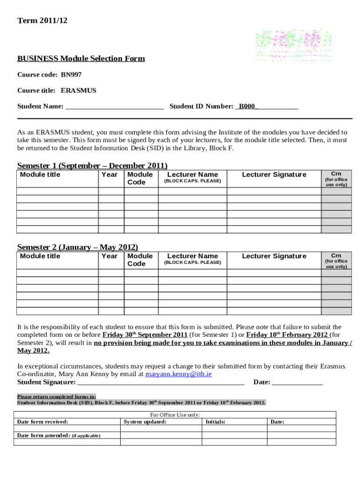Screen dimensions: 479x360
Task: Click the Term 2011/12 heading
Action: click(x=39, y=21)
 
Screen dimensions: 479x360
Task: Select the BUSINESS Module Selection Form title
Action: click(x=81, y=58)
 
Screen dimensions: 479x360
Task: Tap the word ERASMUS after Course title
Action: click(x=79, y=90)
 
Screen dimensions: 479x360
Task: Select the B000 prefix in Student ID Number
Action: click(x=247, y=106)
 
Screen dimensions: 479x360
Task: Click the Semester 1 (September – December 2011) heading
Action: click(x=92, y=166)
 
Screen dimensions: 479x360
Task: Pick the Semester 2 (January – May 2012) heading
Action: click(x=78, y=247)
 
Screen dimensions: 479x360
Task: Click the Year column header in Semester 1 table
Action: click(x=109, y=174)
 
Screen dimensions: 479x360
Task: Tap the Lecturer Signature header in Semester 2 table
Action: click(x=274, y=256)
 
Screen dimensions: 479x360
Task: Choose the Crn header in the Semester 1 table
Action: click(x=336, y=174)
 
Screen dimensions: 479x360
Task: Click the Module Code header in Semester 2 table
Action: click(x=140, y=260)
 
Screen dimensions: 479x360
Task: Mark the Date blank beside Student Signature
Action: click(x=297, y=383)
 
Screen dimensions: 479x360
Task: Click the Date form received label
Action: click(x=43, y=422)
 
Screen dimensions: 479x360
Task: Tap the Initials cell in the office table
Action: click(x=216, y=422)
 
